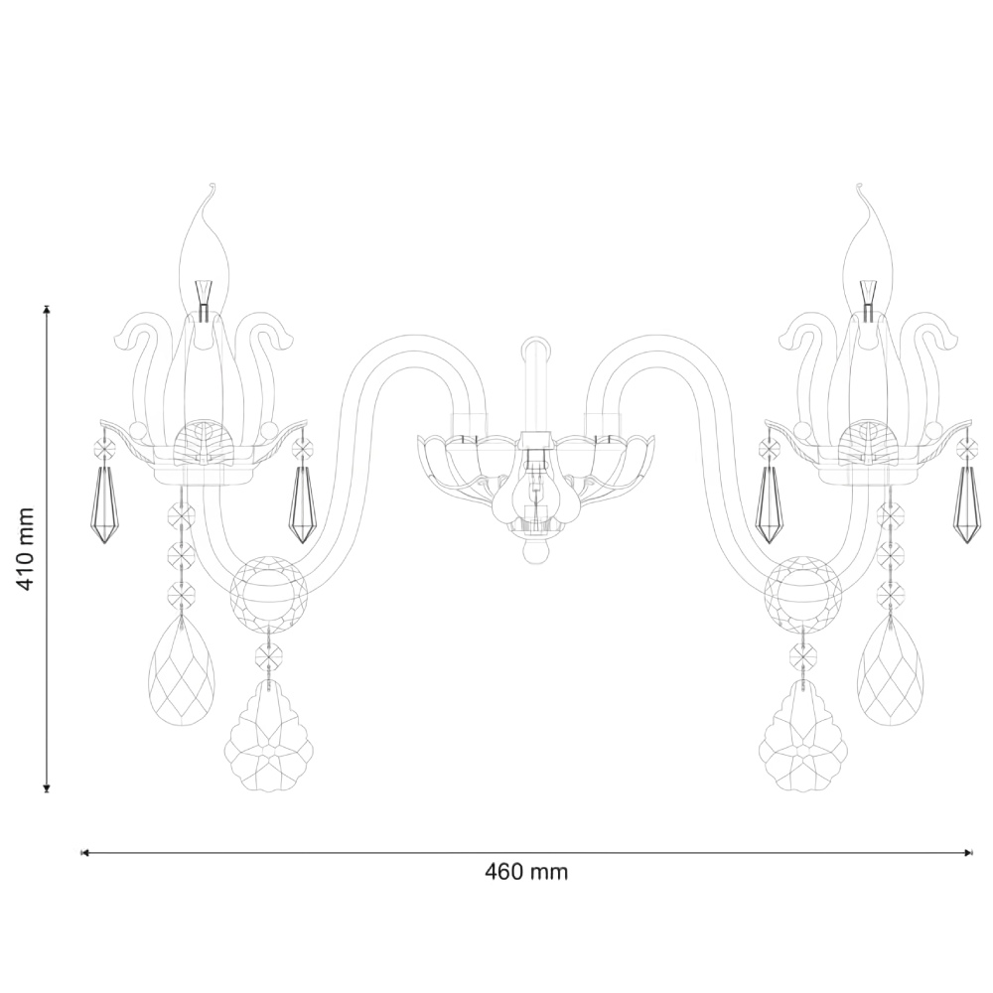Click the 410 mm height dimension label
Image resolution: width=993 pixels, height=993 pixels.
pos(27,548)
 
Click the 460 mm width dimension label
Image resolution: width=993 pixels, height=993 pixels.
pos(526,872)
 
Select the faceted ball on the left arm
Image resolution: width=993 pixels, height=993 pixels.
pos(268,594)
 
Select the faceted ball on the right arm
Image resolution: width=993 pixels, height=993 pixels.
pos(803,594)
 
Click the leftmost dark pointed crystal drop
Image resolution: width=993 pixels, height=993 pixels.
pos(104,504)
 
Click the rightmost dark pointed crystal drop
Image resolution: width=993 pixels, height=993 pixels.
pos(967,504)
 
